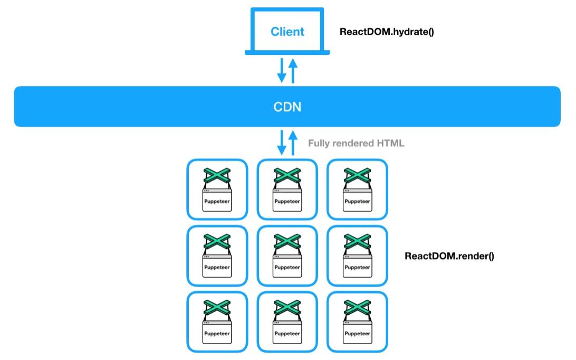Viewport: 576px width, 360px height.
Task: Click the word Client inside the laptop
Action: pos(287,32)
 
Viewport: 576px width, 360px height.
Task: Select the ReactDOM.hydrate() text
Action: pos(387,32)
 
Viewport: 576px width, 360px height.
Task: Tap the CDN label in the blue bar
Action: pos(287,107)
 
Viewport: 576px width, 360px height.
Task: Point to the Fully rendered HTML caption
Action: pos(356,143)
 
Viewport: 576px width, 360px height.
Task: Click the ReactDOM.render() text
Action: pos(449,256)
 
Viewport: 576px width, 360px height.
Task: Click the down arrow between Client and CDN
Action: pos(282,70)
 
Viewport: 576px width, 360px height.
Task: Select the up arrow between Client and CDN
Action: pos(293,71)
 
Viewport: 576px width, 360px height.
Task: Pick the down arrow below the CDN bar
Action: pos(282,143)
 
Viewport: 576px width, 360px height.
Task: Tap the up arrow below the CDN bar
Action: pos(293,143)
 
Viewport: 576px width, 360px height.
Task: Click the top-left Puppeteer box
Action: pos(217,190)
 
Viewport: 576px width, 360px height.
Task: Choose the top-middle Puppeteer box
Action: pos(287,190)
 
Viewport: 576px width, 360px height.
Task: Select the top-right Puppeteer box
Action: pos(358,190)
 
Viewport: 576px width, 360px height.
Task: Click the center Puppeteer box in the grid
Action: pos(287,255)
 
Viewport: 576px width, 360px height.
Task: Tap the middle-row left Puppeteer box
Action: pos(217,255)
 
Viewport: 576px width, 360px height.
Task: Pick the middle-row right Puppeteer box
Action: pos(358,255)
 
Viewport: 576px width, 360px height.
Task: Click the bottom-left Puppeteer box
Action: pos(217,322)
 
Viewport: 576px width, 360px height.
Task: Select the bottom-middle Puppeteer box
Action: pos(287,322)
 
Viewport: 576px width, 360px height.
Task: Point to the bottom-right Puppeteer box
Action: pos(358,322)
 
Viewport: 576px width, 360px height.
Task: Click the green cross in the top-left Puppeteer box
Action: pos(217,176)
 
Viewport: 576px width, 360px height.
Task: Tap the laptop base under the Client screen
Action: pos(287,53)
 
